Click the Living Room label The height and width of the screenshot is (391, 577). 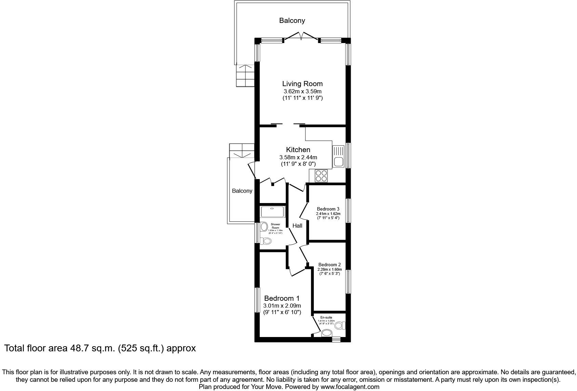coord(302,84)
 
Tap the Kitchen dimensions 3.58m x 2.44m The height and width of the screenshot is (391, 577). coord(298,157)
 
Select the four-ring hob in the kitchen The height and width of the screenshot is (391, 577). coord(321,176)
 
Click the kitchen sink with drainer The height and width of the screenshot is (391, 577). coord(338,156)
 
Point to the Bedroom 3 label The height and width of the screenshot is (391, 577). coord(328,209)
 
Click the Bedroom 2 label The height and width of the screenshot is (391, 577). coord(329,265)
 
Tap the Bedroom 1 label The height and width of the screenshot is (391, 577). coord(282,298)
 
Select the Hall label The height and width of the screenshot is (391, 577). coord(297,226)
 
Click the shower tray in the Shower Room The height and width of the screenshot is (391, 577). coord(272,212)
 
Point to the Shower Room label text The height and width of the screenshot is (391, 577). coord(275,226)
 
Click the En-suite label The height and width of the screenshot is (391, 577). coord(326,318)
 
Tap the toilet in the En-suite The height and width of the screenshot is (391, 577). coord(340,325)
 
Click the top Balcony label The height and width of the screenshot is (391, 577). coord(292,21)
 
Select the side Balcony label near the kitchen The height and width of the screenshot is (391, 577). coord(242,191)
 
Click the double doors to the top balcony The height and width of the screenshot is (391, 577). coord(301,37)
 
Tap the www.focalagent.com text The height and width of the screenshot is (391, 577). coord(350,387)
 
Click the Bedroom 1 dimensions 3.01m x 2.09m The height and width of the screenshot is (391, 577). coord(282,306)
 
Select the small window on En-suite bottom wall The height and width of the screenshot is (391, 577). coord(336,339)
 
